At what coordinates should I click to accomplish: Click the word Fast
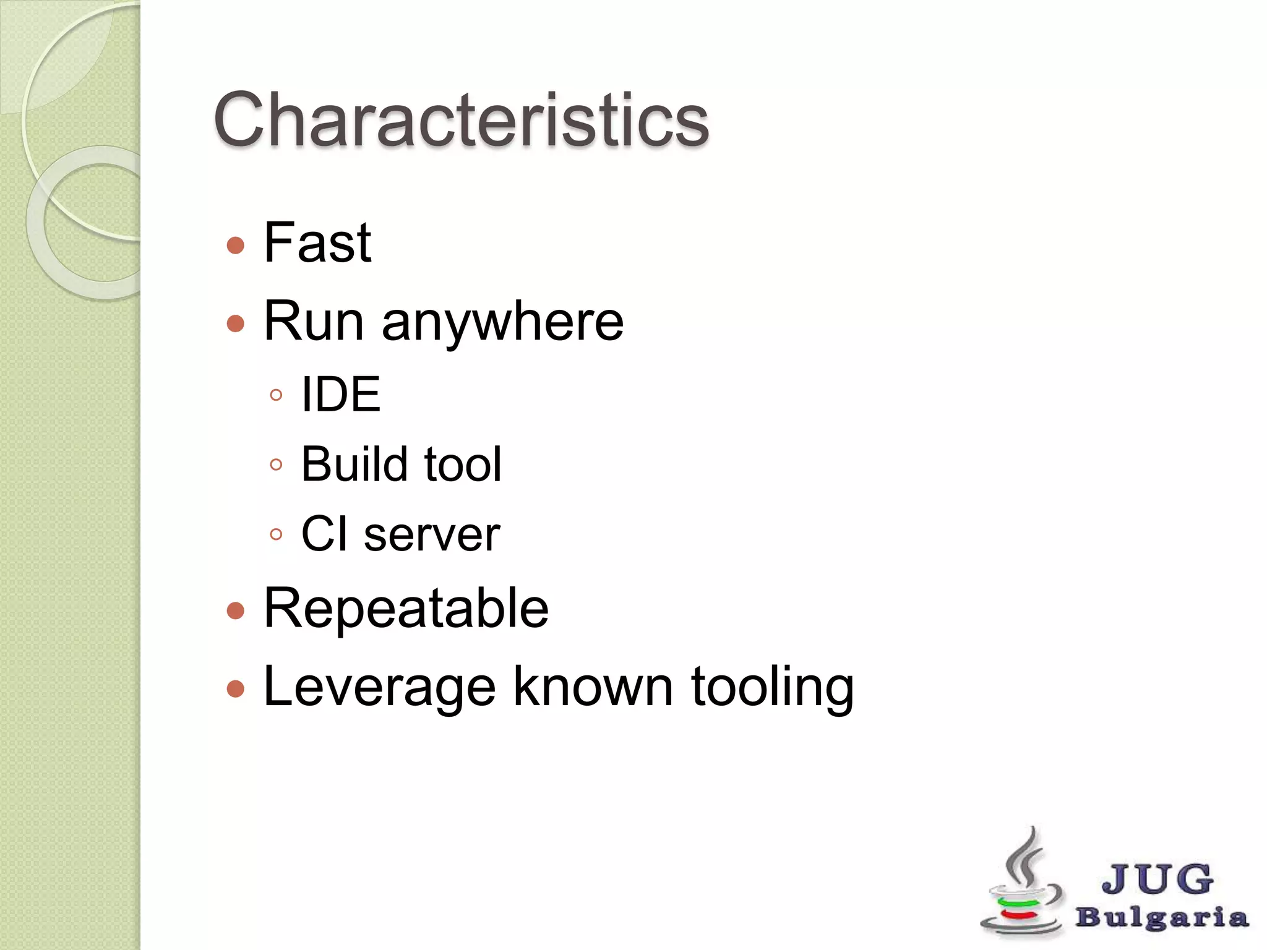pos(317,242)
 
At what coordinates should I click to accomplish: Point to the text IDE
pos(340,395)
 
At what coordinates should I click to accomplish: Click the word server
pos(432,535)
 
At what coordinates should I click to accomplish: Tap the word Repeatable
pos(406,609)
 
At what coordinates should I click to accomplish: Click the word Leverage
pos(379,687)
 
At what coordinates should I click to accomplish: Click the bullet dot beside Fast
pos(236,246)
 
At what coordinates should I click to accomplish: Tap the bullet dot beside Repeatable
pos(236,611)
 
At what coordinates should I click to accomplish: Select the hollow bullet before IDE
pos(276,395)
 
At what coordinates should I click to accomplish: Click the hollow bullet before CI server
pos(276,534)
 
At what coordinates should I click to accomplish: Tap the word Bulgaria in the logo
pos(1162,917)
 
